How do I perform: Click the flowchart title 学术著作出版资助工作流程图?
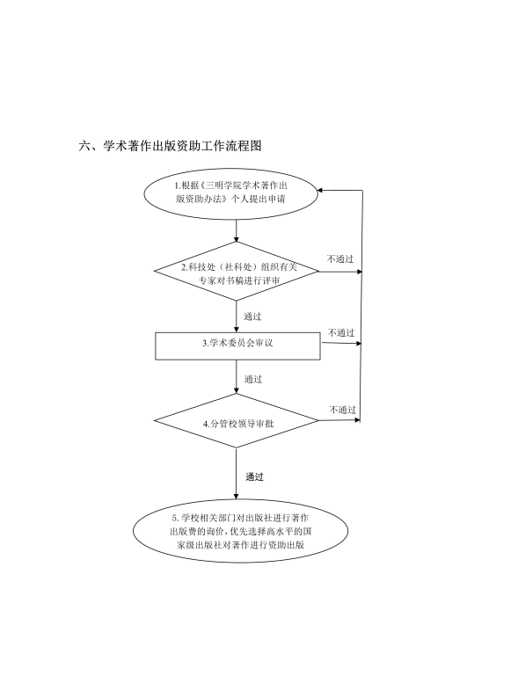click(182, 146)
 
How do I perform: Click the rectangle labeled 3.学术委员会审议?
click(237, 345)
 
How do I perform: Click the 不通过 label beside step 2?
click(340, 259)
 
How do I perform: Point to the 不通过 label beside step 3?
click(341, 333)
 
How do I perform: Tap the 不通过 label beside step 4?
click(343, 410)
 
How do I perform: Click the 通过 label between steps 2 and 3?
click(252, 316)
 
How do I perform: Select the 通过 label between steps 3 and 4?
click(253, 380)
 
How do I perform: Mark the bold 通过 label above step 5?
click(254, 476)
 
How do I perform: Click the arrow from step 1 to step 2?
click(237, 230)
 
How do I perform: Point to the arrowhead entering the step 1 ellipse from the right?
click(319, 190)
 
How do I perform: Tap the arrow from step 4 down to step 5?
click(237, 473)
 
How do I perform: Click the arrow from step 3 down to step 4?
click(237, 376)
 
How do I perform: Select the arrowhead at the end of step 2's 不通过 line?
click(360, 272)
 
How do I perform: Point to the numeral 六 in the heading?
click(84, 146)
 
